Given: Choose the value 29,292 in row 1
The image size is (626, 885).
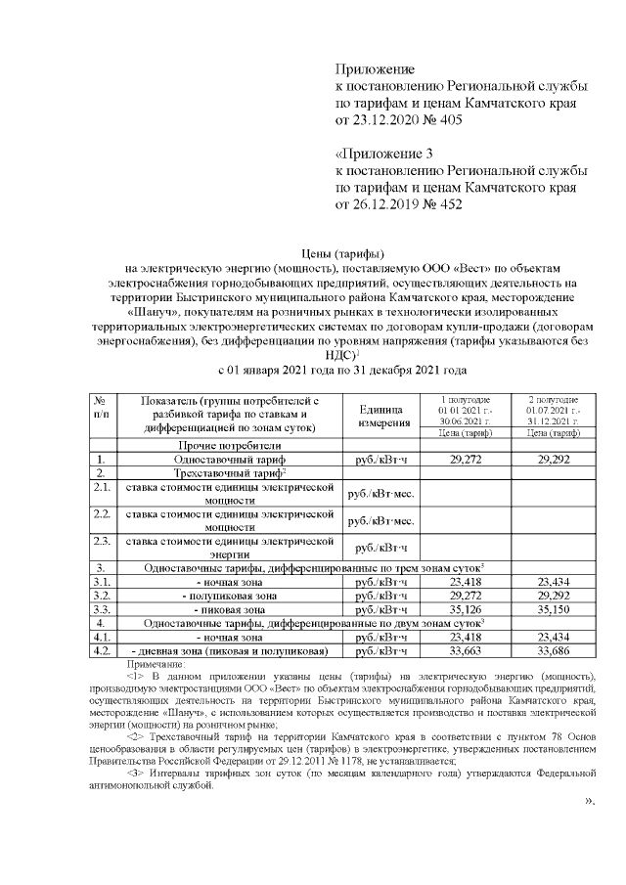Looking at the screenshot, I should [x=555, y=458].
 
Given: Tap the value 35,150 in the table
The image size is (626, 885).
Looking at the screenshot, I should [x=555, y=608].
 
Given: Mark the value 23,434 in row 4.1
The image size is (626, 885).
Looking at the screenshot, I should [x=555, y=637].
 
